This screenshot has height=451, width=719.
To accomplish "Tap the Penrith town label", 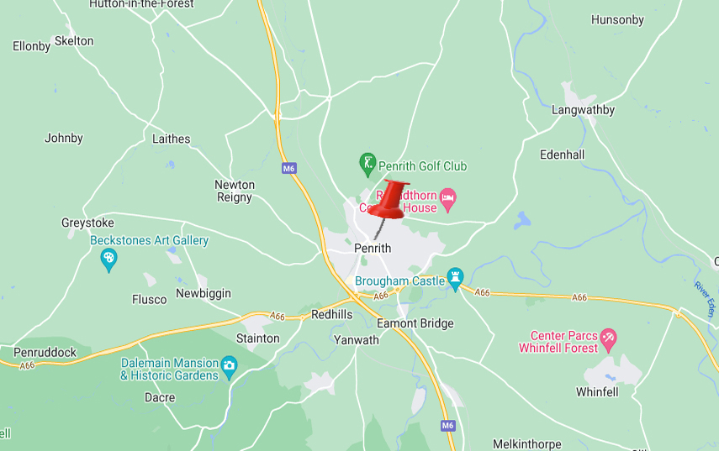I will (x=373, y=249).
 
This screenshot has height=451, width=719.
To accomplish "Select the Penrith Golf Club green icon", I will (x=367, y=165).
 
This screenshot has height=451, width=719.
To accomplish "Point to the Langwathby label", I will (x=583, y=110).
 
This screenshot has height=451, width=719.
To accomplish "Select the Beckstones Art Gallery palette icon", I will (x=108, y=260).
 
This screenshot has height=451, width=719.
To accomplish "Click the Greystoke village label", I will (x=87, y=223).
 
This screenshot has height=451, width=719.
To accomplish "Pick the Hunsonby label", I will (x=617, y=20).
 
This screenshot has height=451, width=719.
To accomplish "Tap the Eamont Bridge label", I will (x=415, y=323).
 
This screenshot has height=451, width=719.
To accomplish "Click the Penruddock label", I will (x=45, y=352).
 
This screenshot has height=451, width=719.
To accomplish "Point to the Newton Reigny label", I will (x=235, y=191).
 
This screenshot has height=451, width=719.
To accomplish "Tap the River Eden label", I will (x=705, y=299).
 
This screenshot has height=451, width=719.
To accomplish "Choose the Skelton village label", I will (x=74, y=41).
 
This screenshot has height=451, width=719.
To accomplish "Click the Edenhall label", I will (x=563, y=155).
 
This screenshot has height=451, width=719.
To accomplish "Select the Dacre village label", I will (x=160, y=397).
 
